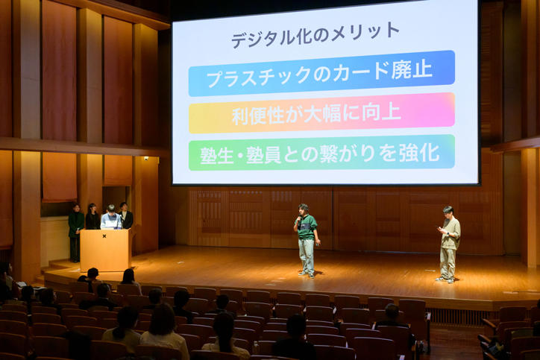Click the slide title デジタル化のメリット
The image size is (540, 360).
click(x=315, y=36)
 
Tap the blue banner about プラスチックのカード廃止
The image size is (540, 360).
click(x=321, y=73)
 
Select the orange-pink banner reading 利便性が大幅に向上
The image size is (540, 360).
click(x=321, y=113)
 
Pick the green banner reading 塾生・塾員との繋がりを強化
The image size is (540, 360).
click(x=321, y=153)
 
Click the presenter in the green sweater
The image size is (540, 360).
click(x=306, y=241)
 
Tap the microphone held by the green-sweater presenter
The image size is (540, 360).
click(x=299, y=219)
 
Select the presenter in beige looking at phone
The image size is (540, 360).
click(x=449, y=244)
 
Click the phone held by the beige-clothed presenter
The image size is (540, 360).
click(x=441, y=228)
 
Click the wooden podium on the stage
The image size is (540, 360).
click(x=105, y=250)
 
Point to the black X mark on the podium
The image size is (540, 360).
click(x=104, y=236)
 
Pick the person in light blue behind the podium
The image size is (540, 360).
click(x=111, y=217)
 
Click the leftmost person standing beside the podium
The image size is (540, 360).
click(x=76, y=233)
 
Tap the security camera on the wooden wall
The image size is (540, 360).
click(x=146, y=159)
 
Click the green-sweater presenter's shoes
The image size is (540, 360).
click(x=307, y=274)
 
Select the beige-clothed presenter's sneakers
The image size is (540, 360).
click(x=445, y=280)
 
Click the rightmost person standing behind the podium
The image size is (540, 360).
click(x=125, y=215)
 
